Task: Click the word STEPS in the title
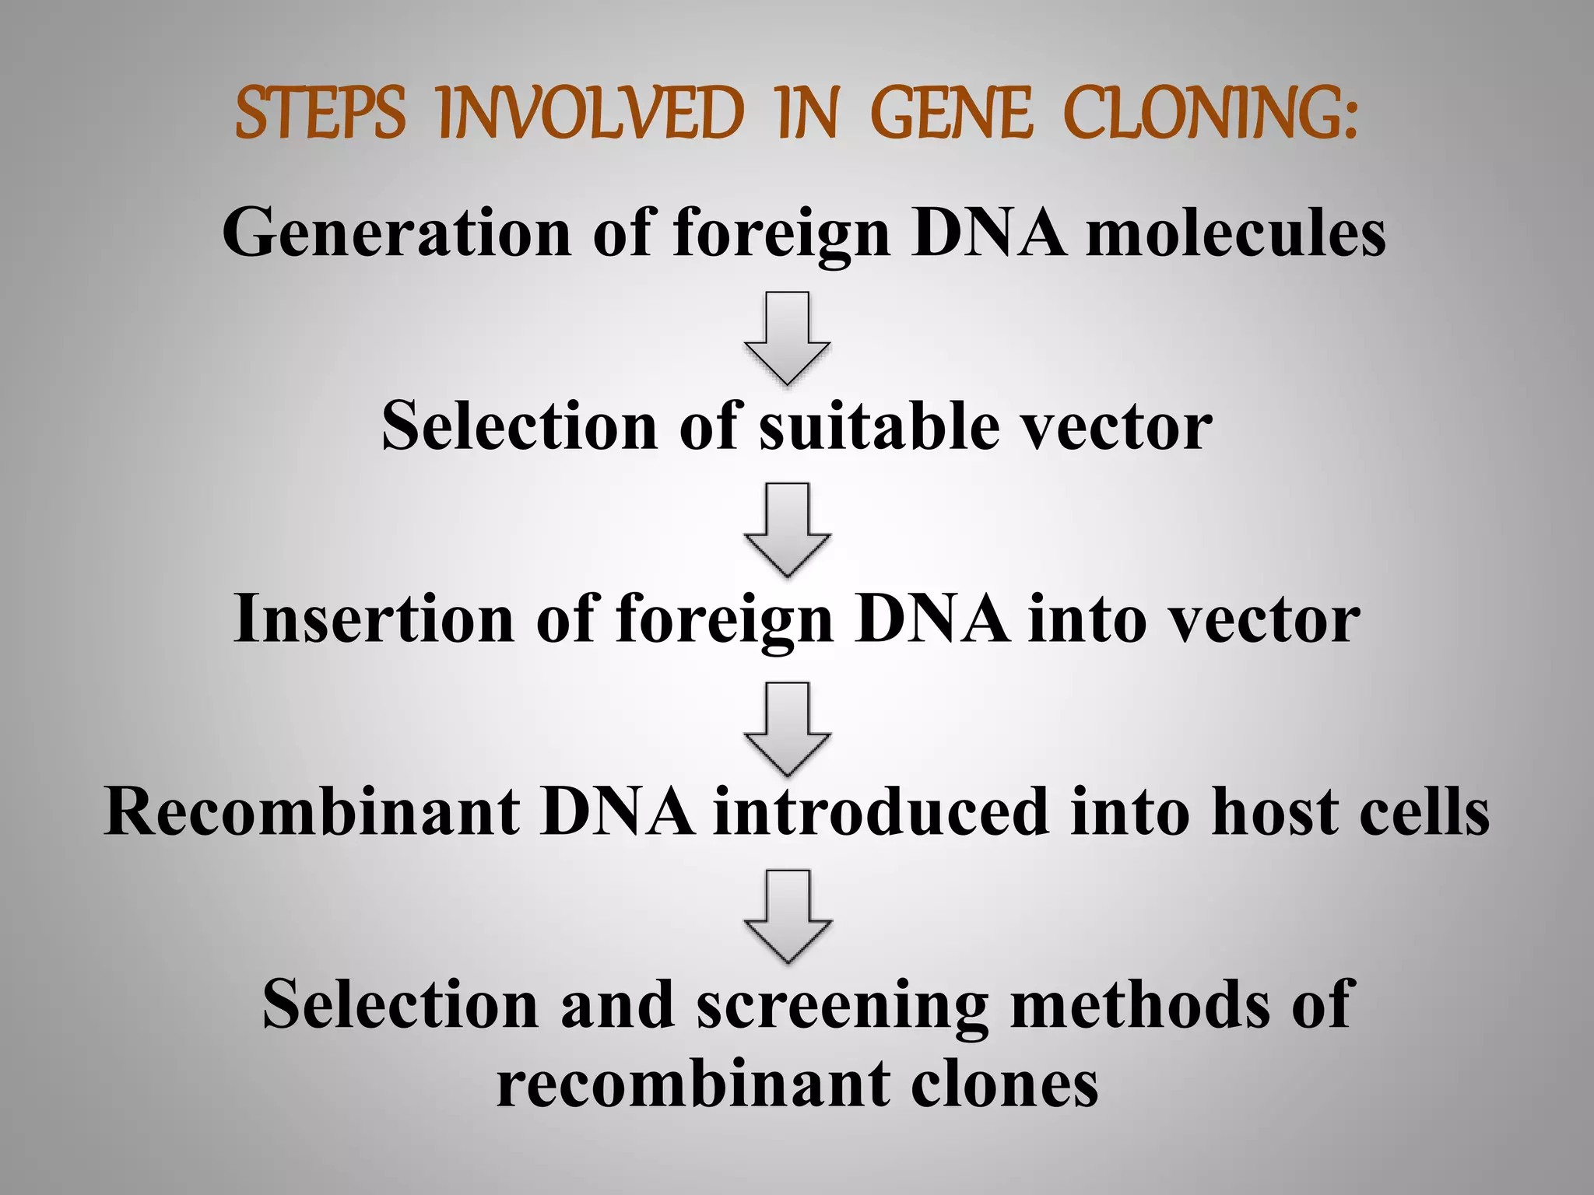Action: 320,114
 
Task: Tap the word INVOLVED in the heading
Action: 592,114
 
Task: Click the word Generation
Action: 397,233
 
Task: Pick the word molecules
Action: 1235,233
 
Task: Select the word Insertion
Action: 374,619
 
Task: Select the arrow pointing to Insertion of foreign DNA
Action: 787,529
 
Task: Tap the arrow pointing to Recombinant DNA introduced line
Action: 787,728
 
